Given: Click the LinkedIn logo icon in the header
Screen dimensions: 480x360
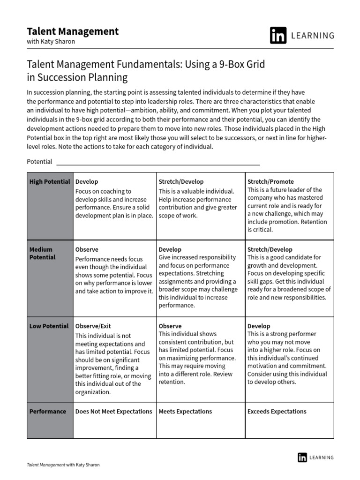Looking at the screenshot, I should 278,36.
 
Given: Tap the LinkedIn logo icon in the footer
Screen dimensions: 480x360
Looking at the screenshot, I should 302,457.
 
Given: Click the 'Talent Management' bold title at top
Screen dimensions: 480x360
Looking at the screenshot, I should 72,31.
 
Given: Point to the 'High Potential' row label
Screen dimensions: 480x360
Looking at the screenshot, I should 50,181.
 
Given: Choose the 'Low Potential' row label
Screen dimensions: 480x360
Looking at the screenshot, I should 49,326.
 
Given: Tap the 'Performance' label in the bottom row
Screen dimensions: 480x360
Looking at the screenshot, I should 47,411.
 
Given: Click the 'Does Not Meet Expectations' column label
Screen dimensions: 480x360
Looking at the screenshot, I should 113,411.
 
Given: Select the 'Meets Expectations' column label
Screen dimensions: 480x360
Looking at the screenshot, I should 185,411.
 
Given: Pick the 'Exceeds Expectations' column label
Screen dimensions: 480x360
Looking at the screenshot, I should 277,411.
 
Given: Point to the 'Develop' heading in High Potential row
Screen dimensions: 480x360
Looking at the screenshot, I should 87,181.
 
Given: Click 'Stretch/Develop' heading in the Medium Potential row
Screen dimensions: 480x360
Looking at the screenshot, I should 270,249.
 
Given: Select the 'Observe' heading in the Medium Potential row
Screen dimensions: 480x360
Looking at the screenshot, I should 87,249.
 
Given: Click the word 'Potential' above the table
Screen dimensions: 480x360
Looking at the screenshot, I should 39,162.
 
